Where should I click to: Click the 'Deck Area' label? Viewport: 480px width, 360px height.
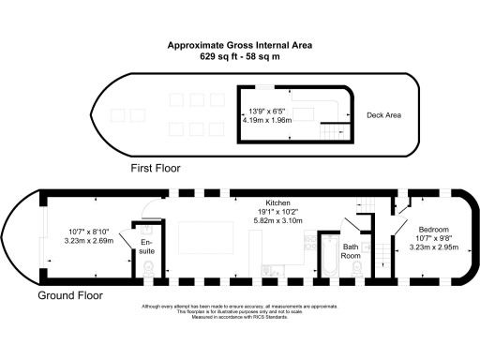tap(383, 115)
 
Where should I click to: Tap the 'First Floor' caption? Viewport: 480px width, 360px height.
tap(155, 169)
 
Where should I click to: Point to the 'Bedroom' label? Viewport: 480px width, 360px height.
tap(433, 230)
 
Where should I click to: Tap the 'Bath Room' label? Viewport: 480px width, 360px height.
tap(351, 249)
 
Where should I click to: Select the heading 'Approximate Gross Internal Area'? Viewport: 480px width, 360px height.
tap(240, 45)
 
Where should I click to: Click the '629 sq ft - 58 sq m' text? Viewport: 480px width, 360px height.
tap(240, 56)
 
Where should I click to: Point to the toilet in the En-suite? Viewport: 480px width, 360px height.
tap(151, 269)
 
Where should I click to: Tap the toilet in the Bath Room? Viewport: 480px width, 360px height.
tap(354, 268)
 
